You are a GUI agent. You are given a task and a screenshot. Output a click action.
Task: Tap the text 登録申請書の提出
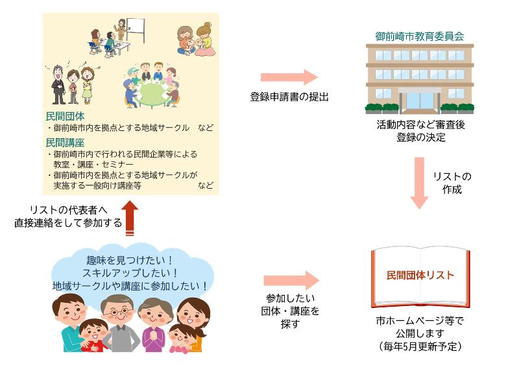[x=290, y=97]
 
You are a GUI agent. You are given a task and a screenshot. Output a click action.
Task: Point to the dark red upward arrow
[x=131, y=217]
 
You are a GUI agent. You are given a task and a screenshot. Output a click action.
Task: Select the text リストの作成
[x=453, y=183]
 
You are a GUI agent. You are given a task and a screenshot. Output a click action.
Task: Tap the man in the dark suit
[x=58, y=83]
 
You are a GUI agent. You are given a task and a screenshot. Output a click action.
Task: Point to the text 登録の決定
[x=420, y=137]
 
